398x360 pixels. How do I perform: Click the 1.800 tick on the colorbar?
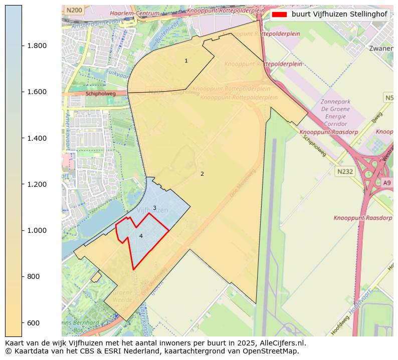tap(37, 46)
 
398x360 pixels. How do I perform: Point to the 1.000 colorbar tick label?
tap(37, 230)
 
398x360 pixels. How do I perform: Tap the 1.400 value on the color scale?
tap(37, 138)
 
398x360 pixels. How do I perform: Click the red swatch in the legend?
tap(280, 14)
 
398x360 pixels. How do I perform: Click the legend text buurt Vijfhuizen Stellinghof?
tap(339, 14)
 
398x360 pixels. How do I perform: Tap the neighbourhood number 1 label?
tap(186, 61)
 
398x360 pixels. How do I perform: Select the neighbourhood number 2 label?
tap(202, 174)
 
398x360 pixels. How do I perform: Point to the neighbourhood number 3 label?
tap(154, 208)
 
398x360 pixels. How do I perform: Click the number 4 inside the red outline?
tap(141, 236)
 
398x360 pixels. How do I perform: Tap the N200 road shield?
tap(74, 10)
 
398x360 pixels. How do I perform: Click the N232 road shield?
tap(345, 171)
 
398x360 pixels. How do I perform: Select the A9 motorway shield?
tap(386, 183)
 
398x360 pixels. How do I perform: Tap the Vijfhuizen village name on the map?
tap(152, 210)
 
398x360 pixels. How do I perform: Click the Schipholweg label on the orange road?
tap(100, 93)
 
